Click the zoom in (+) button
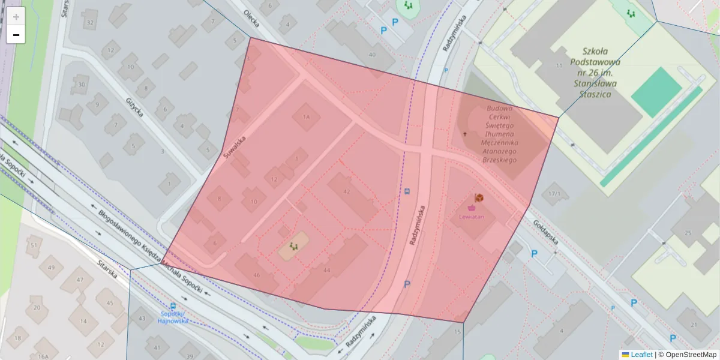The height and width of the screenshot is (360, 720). click(x=16, y=16)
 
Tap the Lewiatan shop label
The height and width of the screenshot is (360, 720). click(x=471, y=216)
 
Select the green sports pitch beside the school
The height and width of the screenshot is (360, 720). click(x=656, y=92)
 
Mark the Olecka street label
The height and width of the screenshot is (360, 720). click(x=251, y=19)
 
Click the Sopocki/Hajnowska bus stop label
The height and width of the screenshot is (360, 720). click(x=174, y=317)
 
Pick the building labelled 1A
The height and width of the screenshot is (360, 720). click(x=307, y=117)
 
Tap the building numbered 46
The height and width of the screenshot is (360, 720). click(x=257, y=275)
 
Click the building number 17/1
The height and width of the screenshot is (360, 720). click(x=554, y=194)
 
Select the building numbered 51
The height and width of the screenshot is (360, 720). click(x=34, y=245)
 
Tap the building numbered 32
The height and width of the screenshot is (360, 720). click(x=90, y=23)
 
